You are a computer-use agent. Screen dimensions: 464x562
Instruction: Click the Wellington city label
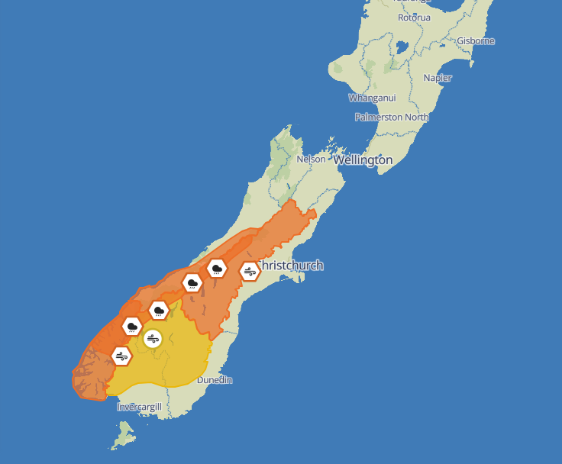[x=363, y=160]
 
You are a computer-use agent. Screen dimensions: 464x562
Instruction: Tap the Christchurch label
[x=291, y=266]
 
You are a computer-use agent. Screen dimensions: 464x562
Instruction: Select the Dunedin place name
[x=215, y=380]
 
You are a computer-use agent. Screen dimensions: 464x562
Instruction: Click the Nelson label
[x=311, y=159]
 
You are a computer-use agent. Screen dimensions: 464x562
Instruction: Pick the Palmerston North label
[x=392, y=118]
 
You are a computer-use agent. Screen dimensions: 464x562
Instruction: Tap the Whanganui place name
[x=371, y=98]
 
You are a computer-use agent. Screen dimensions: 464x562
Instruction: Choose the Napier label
[x=438, y=78]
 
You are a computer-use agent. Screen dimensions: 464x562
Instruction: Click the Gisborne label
[x=475, y=41]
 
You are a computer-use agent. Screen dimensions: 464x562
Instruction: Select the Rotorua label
[x=414, y=18]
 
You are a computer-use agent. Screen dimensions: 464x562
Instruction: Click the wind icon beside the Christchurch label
[x=250, y=271]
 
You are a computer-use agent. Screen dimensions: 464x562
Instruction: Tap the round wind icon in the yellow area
[x=153, y=339]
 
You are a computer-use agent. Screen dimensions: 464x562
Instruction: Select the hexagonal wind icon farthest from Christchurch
[x=121, y=356]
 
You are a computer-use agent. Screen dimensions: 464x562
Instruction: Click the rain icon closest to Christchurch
[x=218, y=268]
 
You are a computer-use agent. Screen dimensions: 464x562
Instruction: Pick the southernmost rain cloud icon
[x=133, y=327]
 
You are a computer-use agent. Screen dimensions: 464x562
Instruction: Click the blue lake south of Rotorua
[x=402, y=47]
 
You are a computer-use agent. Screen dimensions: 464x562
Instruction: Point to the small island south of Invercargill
[x=122, y=438]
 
